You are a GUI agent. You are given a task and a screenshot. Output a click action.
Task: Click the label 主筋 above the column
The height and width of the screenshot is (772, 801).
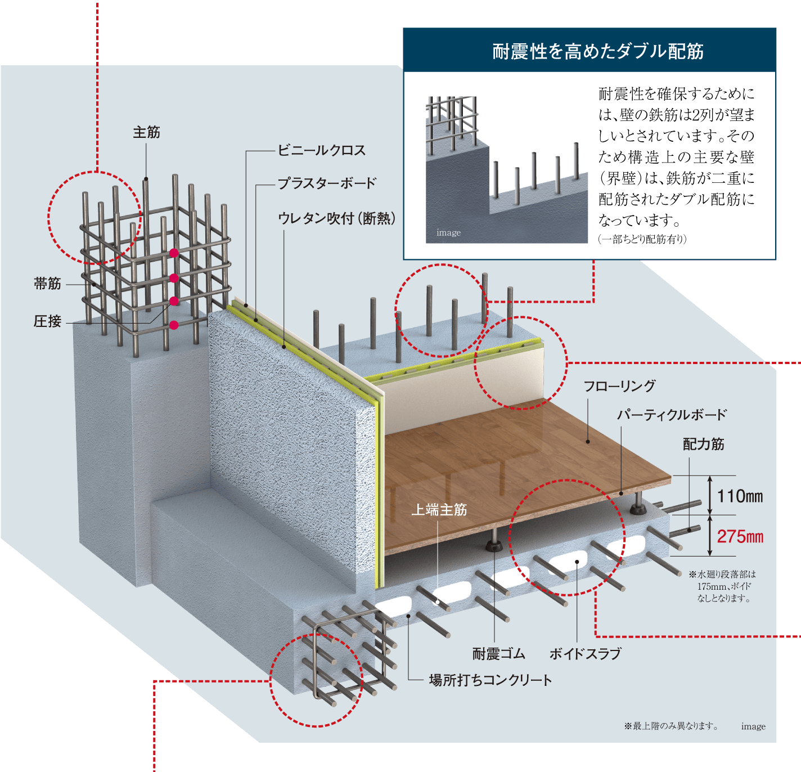(146, 132)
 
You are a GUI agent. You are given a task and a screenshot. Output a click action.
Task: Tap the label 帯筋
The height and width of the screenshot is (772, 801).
(47, 284)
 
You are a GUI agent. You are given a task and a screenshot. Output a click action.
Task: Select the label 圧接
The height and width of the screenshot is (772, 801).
(47, 321)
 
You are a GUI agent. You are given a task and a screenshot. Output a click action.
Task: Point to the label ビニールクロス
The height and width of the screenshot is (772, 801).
(322, 150)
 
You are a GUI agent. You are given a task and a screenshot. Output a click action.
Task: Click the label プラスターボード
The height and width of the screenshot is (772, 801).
(327, 183)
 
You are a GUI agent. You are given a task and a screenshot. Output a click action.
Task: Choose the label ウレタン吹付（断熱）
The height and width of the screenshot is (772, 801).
(336, 218)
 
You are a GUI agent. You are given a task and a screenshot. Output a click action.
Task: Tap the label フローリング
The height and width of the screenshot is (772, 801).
(619, 386)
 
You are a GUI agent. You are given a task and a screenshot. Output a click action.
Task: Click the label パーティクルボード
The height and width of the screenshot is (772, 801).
(672, 415)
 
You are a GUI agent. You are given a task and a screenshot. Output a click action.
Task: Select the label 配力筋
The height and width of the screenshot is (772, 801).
(703, 445)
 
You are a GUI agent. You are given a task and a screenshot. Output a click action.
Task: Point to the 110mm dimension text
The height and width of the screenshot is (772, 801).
(740, 496)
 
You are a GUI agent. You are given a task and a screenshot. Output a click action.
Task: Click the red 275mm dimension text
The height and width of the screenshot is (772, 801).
(740, 537)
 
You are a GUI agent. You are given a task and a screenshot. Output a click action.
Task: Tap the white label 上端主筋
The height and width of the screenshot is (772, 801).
(439, 510)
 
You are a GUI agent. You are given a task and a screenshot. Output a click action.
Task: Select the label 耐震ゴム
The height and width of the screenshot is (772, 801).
(498, 654)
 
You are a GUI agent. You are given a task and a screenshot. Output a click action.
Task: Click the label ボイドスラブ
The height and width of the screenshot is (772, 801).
(585, 654)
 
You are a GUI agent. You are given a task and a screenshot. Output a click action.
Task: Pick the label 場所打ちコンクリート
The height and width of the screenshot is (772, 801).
(490, 680)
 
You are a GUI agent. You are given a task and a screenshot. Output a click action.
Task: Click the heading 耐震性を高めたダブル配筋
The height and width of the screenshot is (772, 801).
(598, 51)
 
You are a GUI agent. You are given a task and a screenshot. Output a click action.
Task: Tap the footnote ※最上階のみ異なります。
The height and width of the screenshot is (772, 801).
(671, 726)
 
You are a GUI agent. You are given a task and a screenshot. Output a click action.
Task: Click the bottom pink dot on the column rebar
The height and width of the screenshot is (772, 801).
(174, 325)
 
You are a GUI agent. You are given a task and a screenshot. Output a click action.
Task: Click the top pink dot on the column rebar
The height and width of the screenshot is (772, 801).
(174, 253)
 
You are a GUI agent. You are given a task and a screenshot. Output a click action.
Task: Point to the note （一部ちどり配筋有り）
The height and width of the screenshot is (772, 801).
(642, 239)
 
